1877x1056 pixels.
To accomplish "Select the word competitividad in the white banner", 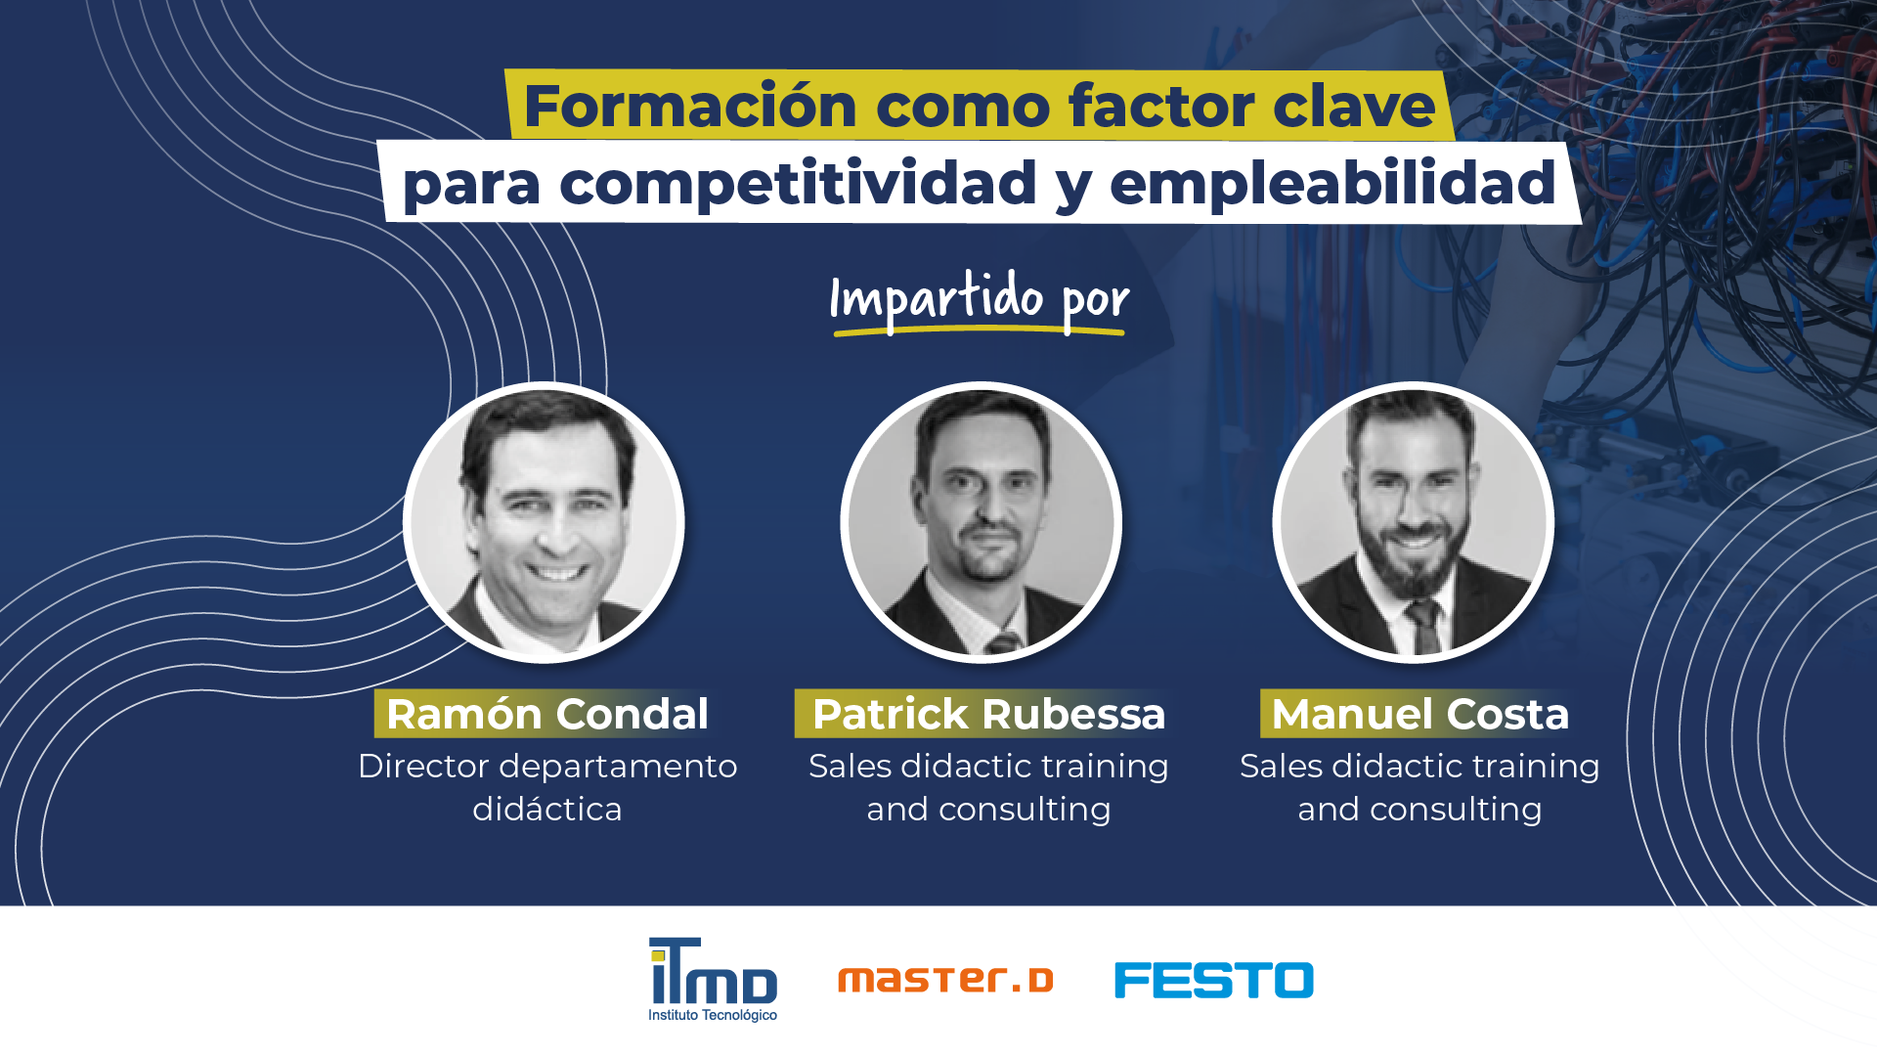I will (798, 183).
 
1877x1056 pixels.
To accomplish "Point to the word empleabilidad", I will (1332, 183).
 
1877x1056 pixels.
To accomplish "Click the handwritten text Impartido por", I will (979, 298).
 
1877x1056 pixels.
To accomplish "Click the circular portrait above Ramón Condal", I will (544, 522).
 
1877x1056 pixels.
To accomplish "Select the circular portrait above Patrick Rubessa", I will (981, 522).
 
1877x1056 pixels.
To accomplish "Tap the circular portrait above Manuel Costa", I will (1413, 522).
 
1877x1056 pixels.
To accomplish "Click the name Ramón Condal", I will (546, 714).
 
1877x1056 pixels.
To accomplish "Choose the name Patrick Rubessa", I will (988, 714).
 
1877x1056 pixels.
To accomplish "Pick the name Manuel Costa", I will (1419, 714).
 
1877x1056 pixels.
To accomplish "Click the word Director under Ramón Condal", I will (422, 767).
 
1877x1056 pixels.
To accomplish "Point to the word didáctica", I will (546, 810).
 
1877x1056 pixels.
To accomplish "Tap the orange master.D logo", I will (945, 980).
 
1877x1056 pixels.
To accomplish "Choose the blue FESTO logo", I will (1213, 980).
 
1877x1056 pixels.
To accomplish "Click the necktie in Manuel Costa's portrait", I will (1422, 626).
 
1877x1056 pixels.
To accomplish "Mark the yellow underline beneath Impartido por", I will (979, 332).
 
